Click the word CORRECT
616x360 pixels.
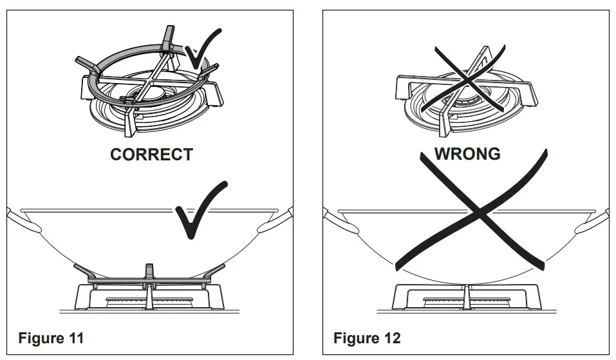click(151, 155)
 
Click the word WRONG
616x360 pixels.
click(467, 154)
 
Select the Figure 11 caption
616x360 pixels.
click(50, 337)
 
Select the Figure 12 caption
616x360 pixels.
click(366, 337)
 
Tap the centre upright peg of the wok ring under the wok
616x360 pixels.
click(149, 269)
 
